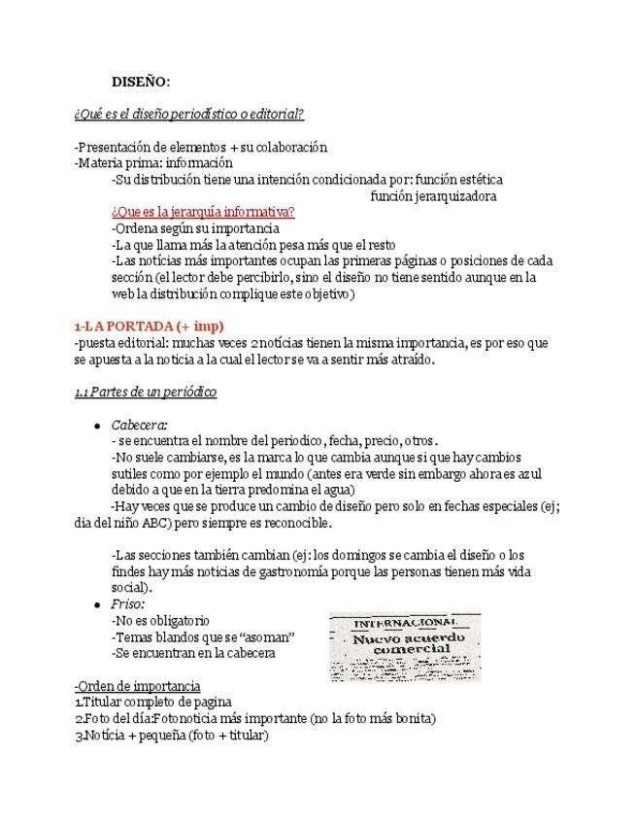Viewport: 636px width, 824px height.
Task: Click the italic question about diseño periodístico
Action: pos(189,114)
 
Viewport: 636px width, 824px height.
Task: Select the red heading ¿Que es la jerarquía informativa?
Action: pos(203,212)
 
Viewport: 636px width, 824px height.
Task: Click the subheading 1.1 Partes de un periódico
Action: pos(146,392)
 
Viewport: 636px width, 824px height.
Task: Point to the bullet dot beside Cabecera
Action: pos(97,426)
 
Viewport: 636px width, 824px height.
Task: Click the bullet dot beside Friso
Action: pos(97,603)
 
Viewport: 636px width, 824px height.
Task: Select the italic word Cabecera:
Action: pos(139,425)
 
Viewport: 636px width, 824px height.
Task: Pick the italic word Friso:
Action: pos(127,603)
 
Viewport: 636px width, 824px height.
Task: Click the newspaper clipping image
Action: pos(404,646)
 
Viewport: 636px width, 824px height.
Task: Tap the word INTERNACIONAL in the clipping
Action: pos(405,623)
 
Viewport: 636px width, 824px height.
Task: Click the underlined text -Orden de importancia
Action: pos(137,686)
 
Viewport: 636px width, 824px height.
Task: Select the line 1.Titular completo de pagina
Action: pos(152,703)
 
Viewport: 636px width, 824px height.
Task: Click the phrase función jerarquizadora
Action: pos(433,195)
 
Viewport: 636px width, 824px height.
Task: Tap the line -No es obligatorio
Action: pos(160,620)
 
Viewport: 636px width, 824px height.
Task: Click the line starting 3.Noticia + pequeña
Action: pos(171,736)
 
